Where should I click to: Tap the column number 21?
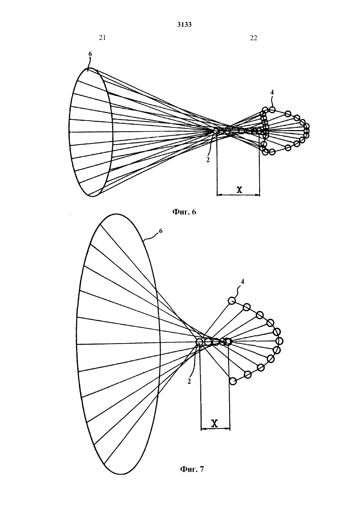[x=102, y=38]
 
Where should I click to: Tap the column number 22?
[x=254, y=38]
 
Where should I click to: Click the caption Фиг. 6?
[x=184, y=212]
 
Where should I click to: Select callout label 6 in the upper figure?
[x=90, y=54]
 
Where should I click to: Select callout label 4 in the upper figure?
[x=272, y=92]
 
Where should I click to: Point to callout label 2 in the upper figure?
[x=208, y=160]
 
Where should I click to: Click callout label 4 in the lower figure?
[x=242, y=282]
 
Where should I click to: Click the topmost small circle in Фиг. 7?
[x=232, y=301]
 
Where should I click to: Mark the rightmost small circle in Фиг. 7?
[x=279, y=341]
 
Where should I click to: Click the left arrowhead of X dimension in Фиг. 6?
[x=219, y=195]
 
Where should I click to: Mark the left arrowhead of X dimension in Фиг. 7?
[x=203, y=429]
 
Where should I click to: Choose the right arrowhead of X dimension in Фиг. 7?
[x=228, y=429]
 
